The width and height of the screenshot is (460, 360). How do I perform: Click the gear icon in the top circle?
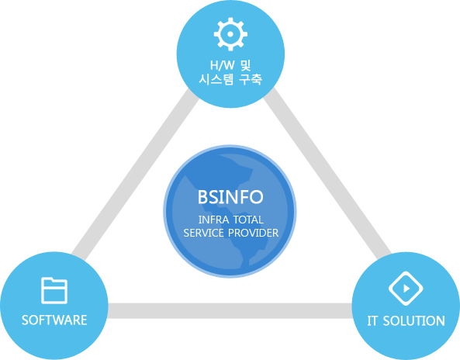(230, 34)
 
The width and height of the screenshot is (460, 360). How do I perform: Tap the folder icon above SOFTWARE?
(54, 290)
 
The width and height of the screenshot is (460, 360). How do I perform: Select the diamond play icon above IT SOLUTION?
(406, 289)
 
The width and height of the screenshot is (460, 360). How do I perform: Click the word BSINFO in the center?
(230, 197)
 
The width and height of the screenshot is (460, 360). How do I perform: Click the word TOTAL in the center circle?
(248, 220)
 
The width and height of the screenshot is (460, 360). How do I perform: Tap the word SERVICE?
(203, 233)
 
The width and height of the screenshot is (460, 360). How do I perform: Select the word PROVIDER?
(254, 233)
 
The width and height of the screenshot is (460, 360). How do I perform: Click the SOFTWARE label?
(54, 320)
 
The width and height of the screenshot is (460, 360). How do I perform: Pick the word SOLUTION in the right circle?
(414, 320)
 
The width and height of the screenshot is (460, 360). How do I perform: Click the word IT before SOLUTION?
(372, 320)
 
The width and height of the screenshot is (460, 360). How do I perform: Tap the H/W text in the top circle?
(222, 65)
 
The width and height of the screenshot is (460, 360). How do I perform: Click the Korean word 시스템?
(216, 79)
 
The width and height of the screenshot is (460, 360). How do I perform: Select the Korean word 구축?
(251, 79)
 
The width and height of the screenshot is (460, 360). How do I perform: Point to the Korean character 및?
(245, 65)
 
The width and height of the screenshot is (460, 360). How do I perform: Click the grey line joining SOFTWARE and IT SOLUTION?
(230, 310)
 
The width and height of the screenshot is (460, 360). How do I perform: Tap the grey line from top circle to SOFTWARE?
(135, 175)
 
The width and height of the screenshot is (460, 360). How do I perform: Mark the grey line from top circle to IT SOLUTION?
(327, 171)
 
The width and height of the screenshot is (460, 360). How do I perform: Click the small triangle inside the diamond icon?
(406, 289)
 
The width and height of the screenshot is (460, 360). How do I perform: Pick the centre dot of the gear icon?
(230, 34)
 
